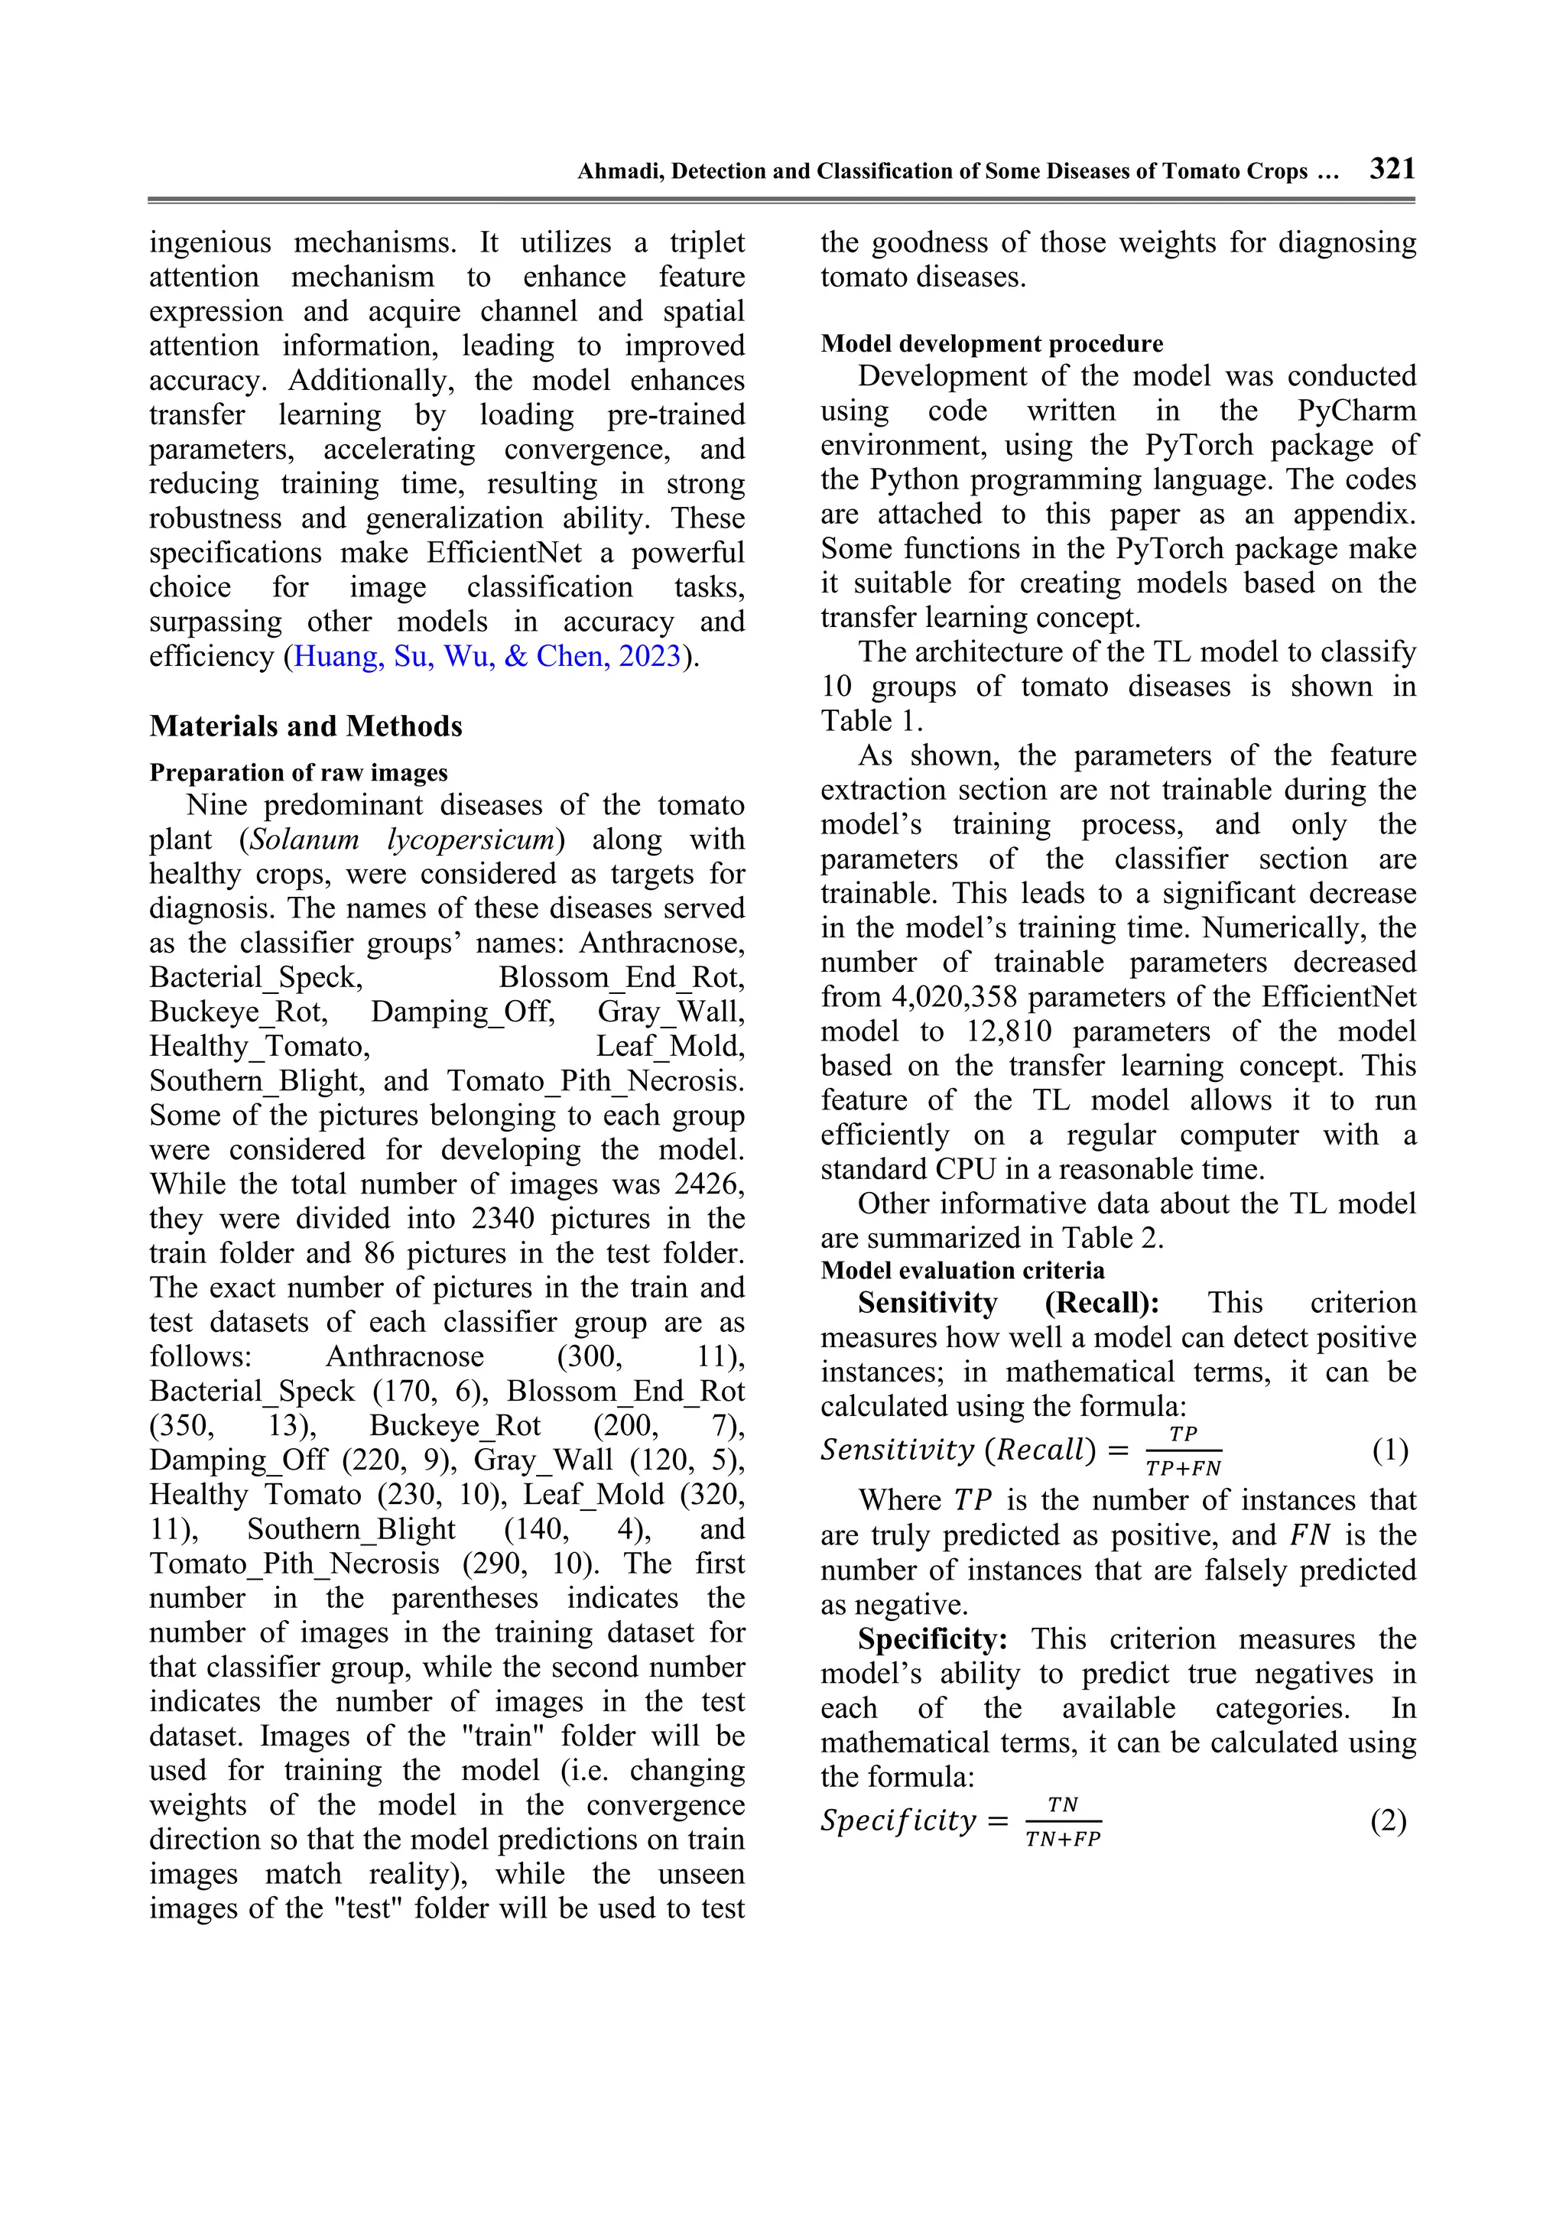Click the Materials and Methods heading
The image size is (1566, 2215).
[x=305, y=726]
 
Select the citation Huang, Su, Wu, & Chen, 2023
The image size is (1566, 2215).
[x=487, y=656]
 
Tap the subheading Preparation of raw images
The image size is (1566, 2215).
[x=298, y=773]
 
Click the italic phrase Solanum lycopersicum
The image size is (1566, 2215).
[x=402, y=840]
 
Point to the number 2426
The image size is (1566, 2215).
[x=708, y=1184]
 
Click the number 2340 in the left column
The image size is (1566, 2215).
[x=502, y=1219]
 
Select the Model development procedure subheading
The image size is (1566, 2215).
[x=991, y=344]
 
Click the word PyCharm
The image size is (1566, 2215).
[x=1356, y=411]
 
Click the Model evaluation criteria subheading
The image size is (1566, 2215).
[x=962, y=1271]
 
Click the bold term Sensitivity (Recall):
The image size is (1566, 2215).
[x=1009, y=1304]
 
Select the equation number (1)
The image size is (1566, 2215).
[x=1389, y=1450]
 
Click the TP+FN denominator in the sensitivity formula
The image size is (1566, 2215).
[x=1183, y=1468]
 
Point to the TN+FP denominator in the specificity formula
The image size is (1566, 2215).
[x=1062, y=1839]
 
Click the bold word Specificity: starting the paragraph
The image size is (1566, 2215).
[x=932, y=1639]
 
